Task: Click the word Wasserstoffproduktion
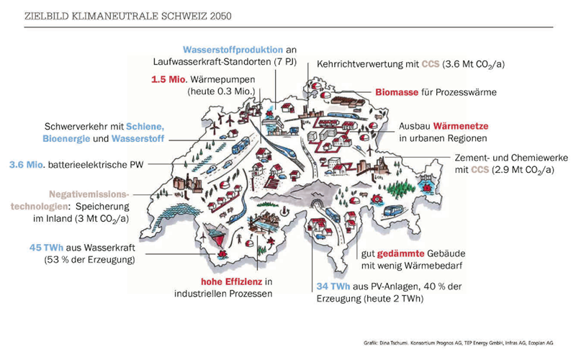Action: coord(233,50)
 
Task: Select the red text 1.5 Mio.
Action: coord(169,79)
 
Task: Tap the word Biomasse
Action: coord(397,92)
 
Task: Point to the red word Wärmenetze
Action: coord(461,126)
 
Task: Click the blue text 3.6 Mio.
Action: coord(27,165)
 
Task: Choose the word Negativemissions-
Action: coord(89,194)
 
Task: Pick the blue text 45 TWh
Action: coord(46,248)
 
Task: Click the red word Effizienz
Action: coord(243,282)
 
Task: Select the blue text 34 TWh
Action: coord(333,286)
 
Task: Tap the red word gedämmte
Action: coord(401,254)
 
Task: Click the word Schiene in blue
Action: coord(145,127)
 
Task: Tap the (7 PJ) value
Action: coord(285,62)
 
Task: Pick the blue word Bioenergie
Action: coord(66,139)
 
